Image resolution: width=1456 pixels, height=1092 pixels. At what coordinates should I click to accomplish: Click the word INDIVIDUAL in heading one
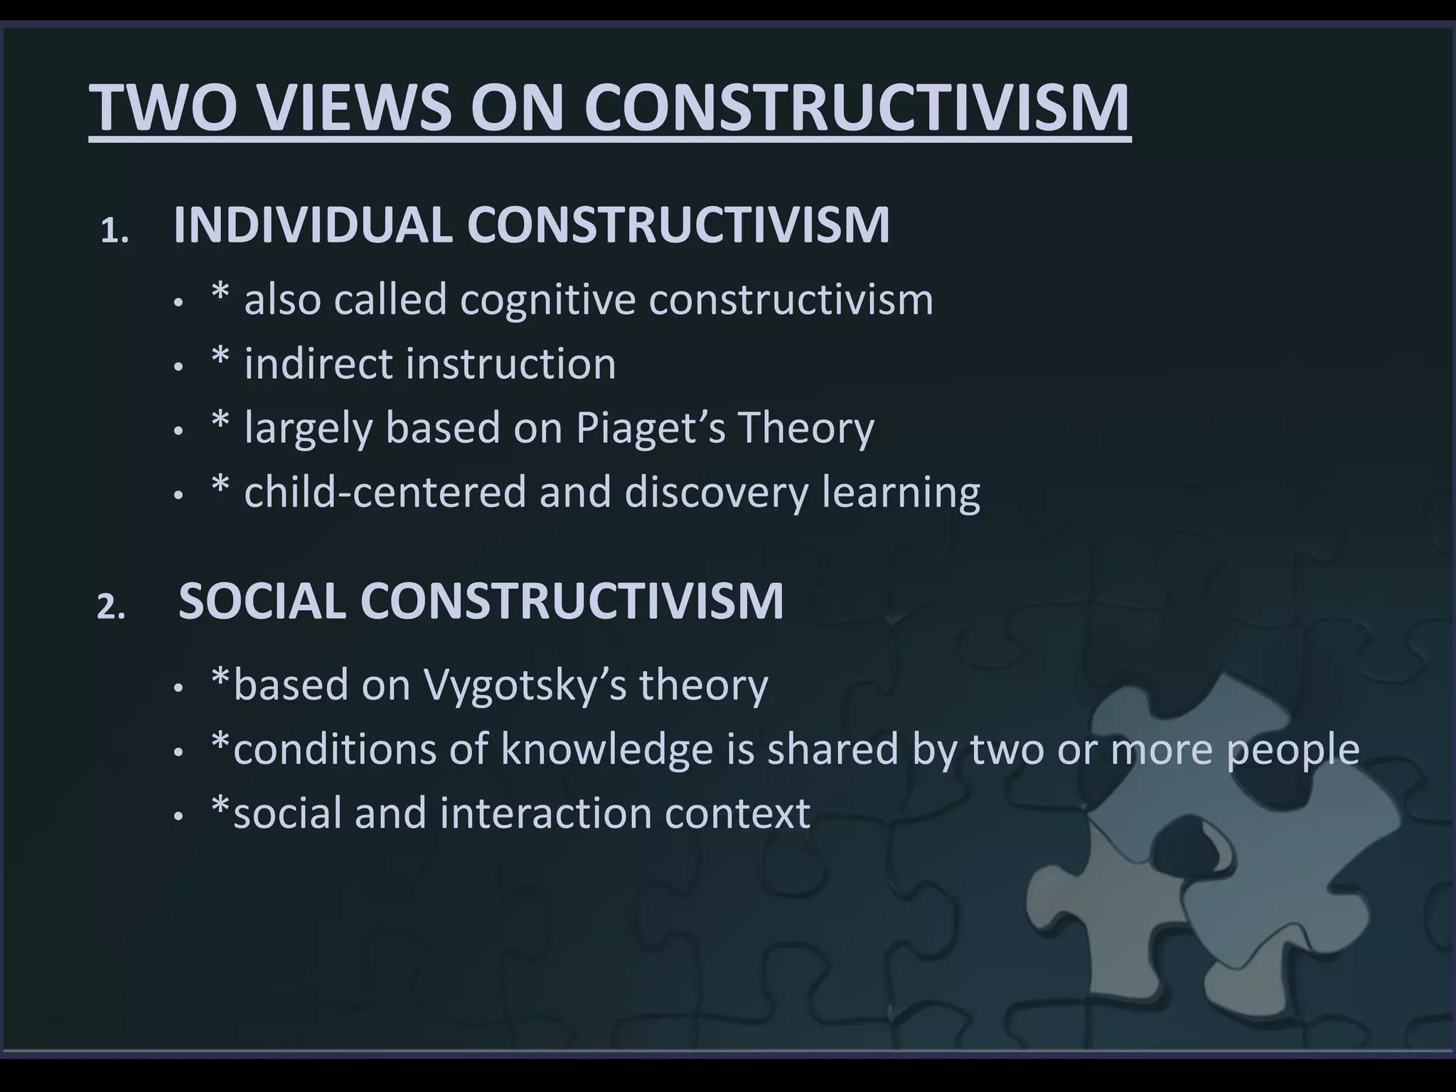[x=313, y=225]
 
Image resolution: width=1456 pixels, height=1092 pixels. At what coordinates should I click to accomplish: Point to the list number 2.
[x=111, y=608]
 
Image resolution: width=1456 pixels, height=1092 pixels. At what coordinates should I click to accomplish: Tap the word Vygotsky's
[x=525, y=685]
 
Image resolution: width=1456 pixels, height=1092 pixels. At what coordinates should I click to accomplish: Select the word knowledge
[x=606, y=749]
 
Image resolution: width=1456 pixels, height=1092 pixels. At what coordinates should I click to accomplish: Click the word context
[x=737, y=813]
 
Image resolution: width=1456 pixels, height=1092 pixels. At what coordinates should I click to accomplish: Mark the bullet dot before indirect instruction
[x=178, y=368]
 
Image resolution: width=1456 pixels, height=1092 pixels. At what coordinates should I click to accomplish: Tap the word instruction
[x=510, y=364]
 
